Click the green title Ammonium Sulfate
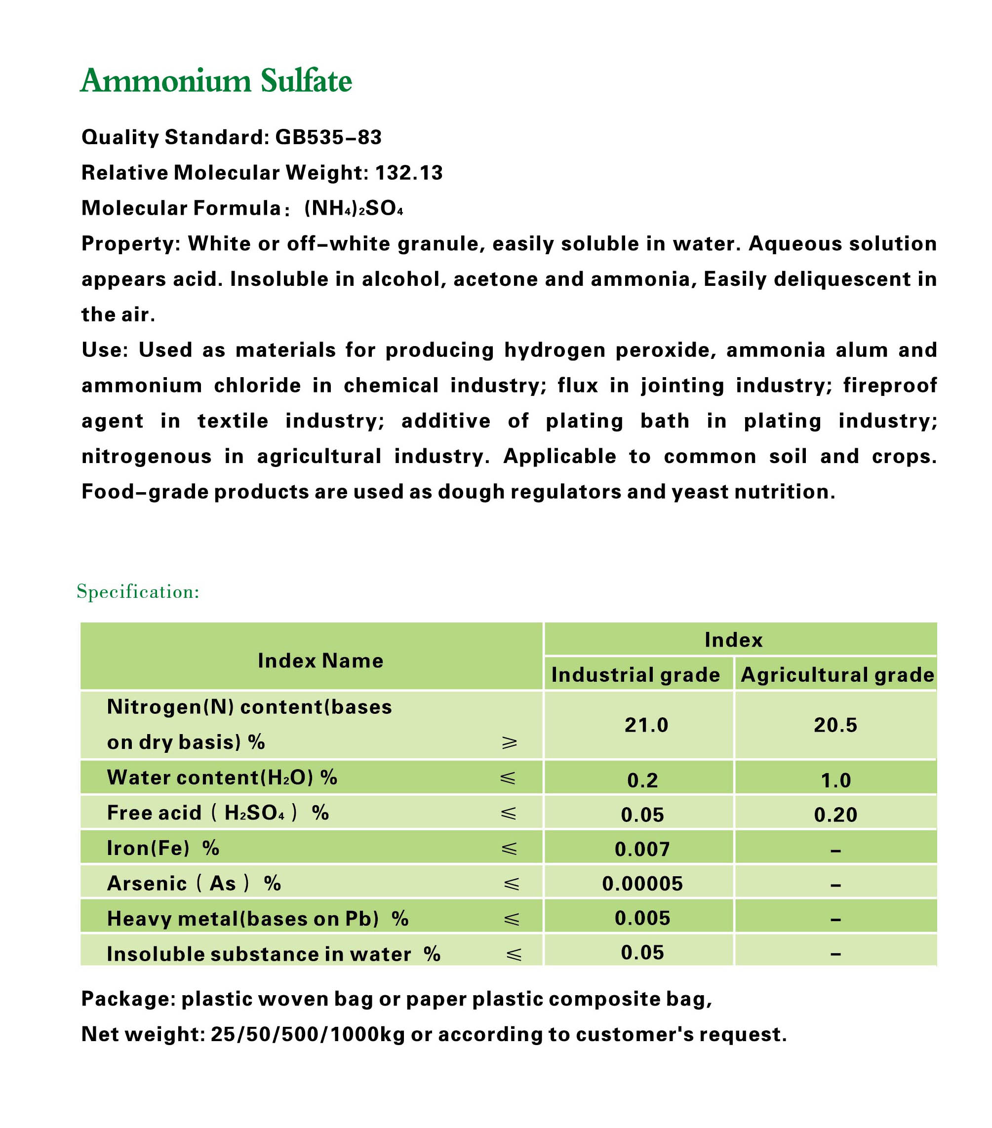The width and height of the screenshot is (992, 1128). click(216, 80)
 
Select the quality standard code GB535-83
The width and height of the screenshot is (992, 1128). click(328, 137)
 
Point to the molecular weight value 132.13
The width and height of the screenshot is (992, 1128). click(408, 173)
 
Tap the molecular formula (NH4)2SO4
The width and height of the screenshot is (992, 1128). click(354, 209)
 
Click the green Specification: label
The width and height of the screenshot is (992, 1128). click(138, 591)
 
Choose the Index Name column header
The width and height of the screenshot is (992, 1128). click(320, 661)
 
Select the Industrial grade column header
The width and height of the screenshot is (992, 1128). click(635, 674)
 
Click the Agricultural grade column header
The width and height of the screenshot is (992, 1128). click(837, 674)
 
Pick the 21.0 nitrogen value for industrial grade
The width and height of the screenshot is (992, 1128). click(646, 725)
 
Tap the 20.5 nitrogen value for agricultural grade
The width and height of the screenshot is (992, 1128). click(835, 725)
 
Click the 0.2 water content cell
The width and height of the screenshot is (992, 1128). click(642, 780)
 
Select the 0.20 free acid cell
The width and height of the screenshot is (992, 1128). click(835, 815)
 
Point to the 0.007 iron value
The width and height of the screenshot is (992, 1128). click(642, 849)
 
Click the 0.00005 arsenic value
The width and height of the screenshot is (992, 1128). click(642, 884)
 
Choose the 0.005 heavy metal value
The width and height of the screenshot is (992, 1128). click(642, 918)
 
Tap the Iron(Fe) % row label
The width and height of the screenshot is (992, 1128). click(163, 848)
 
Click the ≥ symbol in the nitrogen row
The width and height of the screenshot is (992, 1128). click(510, 742)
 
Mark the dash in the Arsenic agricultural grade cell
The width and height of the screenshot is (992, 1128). click(835, 885)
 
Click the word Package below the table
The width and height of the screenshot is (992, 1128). click(128, 999)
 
